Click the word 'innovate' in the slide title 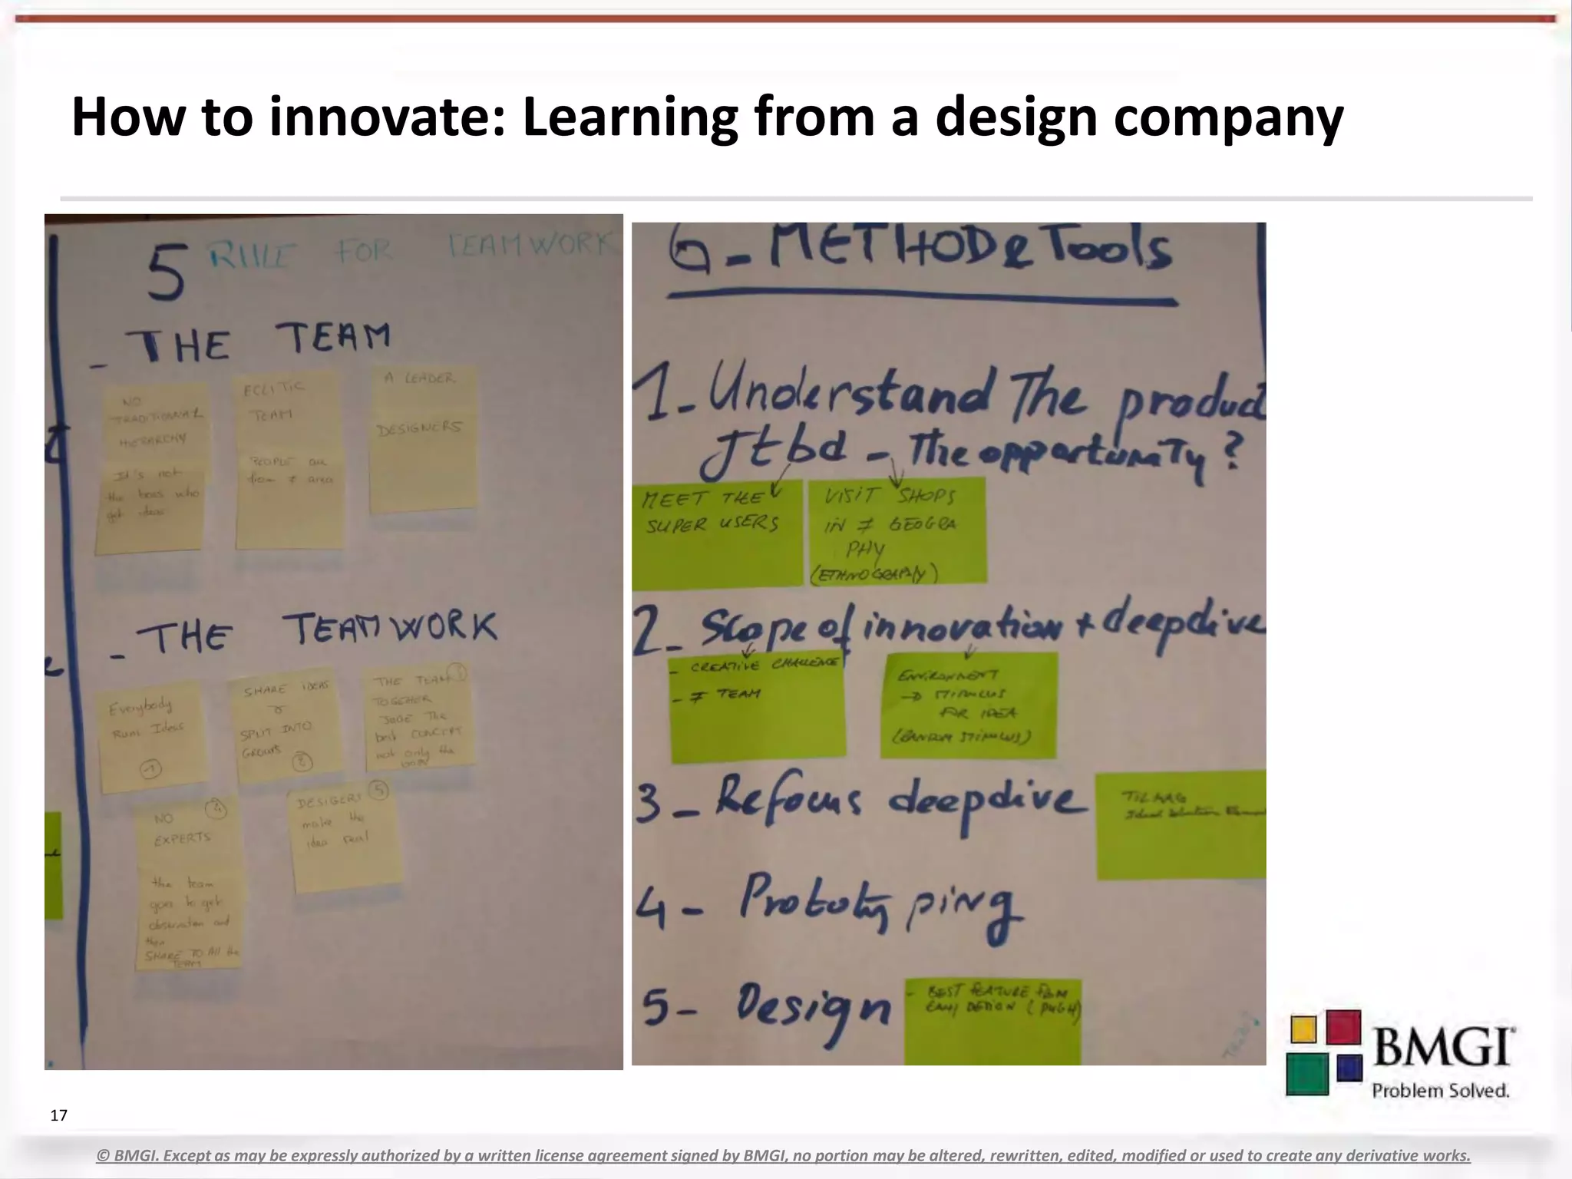tap(387, 117)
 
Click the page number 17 tap(58, 1115)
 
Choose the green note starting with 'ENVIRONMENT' tap(969, 705)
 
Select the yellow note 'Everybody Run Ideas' tap(150, 738)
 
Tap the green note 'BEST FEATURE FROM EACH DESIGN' tap(992, 1021)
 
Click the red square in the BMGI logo tap(1343, 1027)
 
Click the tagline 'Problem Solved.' tap(1440, 1091)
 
